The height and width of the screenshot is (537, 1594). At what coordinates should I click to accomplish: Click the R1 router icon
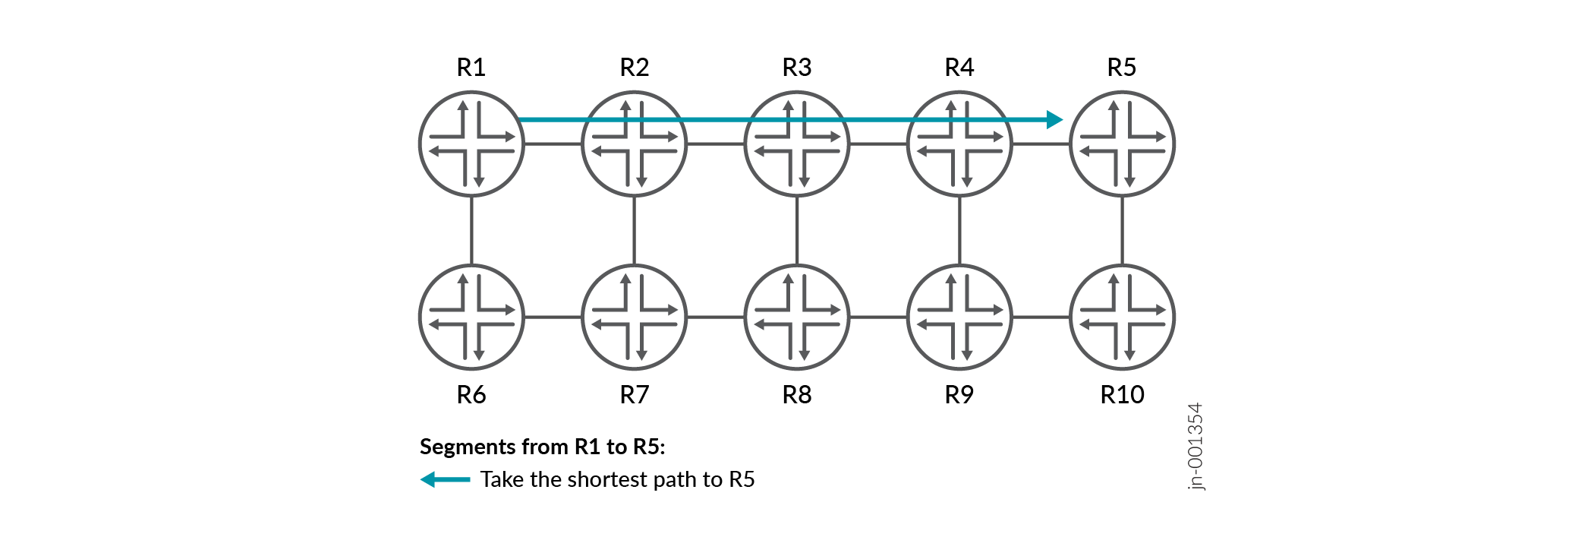pos(471,144)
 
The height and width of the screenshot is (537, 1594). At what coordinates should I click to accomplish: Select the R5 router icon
pos(1122,144)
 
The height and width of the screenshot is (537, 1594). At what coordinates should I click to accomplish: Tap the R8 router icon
pos(797,317)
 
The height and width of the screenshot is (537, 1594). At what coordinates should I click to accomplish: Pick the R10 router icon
pos(1122,317)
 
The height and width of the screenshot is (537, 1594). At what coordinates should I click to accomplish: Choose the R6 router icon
pos(471,317)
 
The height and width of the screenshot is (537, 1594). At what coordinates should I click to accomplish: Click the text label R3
pos(797,68)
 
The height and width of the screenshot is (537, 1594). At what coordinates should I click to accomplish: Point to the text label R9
pos(959,395)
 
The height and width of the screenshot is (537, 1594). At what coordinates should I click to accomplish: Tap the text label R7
pos(635,395)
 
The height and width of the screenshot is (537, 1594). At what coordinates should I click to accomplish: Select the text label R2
pos(635,68)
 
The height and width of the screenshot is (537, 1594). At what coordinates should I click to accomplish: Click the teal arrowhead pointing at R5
pos(1054,119)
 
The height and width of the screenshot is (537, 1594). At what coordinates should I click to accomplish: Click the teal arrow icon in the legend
pos(446,479)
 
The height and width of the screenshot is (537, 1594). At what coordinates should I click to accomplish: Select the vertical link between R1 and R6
pos(471,230)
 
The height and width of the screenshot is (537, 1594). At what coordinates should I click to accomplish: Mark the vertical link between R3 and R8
pos(797,230)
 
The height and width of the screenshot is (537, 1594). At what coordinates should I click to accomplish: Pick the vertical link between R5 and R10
pos(1122,230)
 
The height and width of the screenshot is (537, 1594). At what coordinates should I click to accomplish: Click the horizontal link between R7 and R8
pos(716,317)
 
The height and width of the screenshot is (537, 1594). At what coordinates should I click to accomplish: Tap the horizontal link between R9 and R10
pos(1041,317)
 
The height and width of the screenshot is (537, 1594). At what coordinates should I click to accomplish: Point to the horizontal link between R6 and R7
pos(553,317)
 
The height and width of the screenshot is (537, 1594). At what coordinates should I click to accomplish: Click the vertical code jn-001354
pos(1195,447)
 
